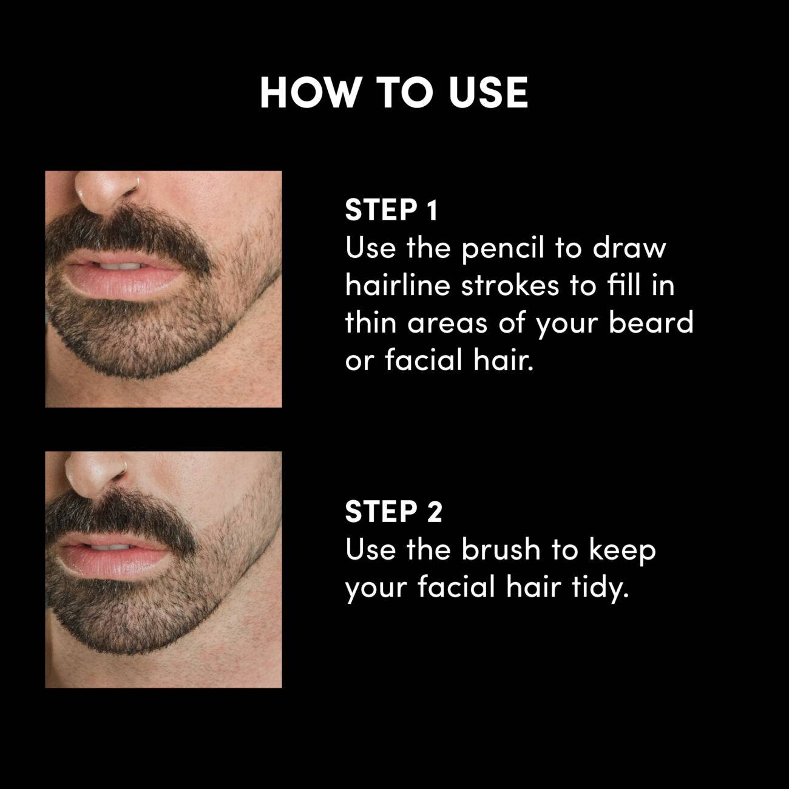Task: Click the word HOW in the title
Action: coord(309,93)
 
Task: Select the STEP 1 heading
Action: coord(391,210)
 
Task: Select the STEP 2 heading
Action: coord(393,512)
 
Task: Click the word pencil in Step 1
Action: coord(503,249)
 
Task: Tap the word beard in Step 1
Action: coord(651,322)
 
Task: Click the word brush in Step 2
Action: coord(500,549)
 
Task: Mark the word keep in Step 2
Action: coord(622,551)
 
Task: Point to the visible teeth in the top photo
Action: coord(121,266)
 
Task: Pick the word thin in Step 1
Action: coord(371,322)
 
